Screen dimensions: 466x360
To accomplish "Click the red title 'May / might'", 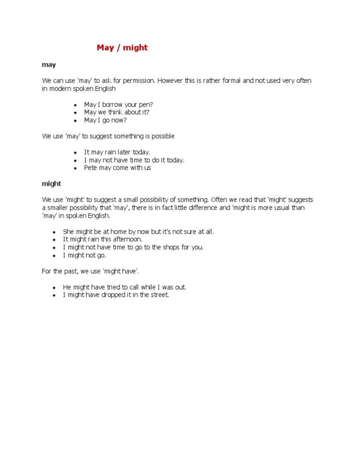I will click(122, 48).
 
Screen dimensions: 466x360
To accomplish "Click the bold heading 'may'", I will click(49, 65).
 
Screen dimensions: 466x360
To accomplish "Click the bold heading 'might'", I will click(52, 184).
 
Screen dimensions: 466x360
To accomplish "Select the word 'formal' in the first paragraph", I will click(221, 81).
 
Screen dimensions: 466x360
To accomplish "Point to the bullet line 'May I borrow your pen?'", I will click(118, 105).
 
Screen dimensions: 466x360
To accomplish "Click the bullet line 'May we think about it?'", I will click(117, 113).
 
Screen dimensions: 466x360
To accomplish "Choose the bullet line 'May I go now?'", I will click(105, 120).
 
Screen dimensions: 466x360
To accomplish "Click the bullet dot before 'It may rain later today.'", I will click(75, 152).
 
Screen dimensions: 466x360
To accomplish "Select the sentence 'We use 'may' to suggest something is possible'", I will click(108, 136).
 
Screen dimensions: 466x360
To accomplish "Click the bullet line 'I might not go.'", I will click(84, 256).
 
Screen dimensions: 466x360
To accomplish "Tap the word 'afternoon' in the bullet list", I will click(127, 240).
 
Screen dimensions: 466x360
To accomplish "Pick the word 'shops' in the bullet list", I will click(166, 248).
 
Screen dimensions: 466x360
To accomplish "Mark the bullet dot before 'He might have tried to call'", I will click(54, 287).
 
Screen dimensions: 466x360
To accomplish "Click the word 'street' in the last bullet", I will click(157, 295).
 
